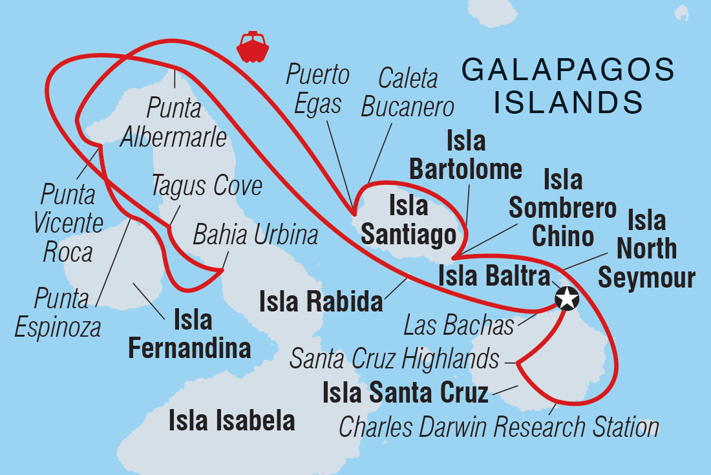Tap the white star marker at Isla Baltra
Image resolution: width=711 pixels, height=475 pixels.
(566, 299)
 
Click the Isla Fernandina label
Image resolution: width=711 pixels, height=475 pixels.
(189, 333)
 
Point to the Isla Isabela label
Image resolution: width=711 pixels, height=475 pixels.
(231, 421)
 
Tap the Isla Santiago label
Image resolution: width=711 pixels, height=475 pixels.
(409, 221)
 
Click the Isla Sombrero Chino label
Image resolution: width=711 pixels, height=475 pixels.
(562, 208)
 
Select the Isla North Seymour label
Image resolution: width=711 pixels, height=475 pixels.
(646, 249)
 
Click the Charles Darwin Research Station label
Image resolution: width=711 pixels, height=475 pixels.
(498, 427)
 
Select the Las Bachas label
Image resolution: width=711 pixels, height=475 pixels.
(458, 325)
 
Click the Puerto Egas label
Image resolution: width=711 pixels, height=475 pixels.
(318, 89)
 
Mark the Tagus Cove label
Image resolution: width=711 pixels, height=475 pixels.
(207, 186)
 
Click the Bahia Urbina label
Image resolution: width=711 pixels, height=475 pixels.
(255, 235)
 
